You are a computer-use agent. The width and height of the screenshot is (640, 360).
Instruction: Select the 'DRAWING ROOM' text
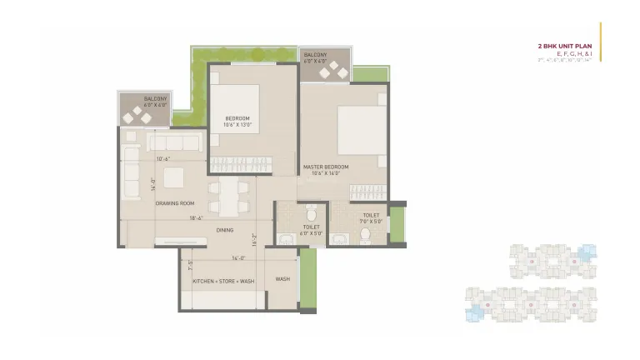click(175, 203)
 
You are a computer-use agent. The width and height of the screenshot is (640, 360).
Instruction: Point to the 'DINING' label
click(225, 230)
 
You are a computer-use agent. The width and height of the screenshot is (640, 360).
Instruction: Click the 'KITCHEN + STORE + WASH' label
click(223, 281)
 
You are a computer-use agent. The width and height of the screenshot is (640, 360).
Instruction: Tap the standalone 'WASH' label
click(283, 278)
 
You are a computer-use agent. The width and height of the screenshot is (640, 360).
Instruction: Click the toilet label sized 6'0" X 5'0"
click(311, 229)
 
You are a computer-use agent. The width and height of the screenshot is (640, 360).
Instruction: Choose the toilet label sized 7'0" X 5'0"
click(371, 218)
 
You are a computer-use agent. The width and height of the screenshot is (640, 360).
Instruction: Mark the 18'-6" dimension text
click(197, 218)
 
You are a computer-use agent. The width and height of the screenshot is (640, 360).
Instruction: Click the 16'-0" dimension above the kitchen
click(240, 257)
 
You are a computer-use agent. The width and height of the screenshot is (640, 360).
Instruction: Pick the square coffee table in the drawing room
click(174, 178)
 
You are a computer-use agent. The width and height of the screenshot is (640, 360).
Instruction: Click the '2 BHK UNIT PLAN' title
click(566, 46)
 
